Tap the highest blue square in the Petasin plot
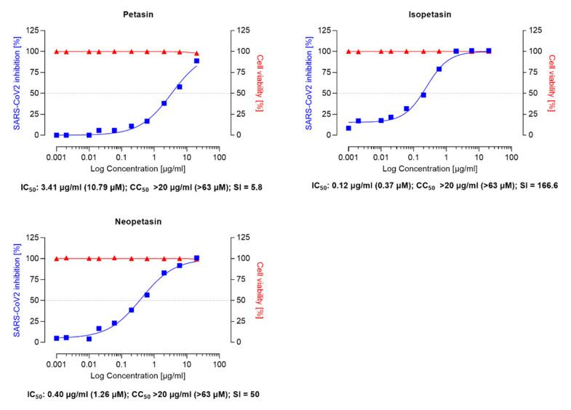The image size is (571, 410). (x=196, y=61)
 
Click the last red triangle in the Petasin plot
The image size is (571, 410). (x=196, y=53)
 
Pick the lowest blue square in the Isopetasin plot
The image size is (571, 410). (x=348, y=128)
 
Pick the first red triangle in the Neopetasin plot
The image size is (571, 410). (x=56, y=259)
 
